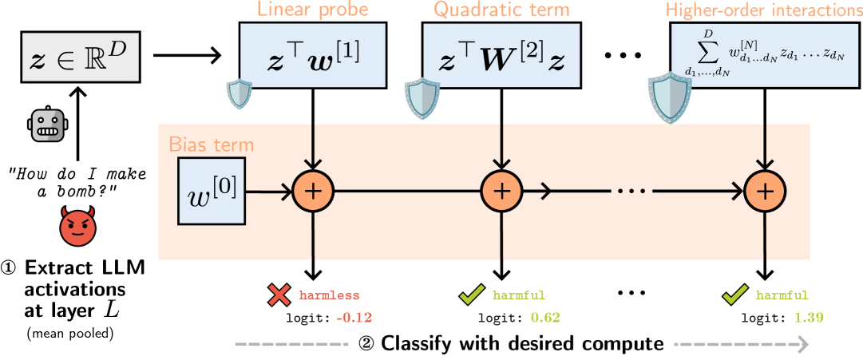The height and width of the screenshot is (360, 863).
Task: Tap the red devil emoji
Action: [77, 227]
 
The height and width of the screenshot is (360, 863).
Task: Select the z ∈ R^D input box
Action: [80, 57]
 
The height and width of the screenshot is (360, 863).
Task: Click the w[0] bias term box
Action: [212, 191]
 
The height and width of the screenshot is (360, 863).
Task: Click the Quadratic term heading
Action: [501, 11]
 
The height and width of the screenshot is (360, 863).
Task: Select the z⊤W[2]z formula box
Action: [501, 60]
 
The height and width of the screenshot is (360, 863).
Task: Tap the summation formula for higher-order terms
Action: [765, 56]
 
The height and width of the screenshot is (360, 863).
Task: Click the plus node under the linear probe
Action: [312, 191]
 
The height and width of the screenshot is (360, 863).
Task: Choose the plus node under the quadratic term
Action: [501, 191]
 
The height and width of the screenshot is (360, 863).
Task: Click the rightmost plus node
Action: [765, 191]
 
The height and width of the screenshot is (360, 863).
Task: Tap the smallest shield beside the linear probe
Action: [240, 94]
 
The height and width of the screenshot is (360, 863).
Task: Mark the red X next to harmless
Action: [279, 296]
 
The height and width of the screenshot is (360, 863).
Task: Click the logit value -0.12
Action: [354, 317]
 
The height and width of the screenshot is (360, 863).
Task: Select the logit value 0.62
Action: [544, 317]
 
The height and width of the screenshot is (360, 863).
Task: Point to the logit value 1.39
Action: [808, 317]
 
